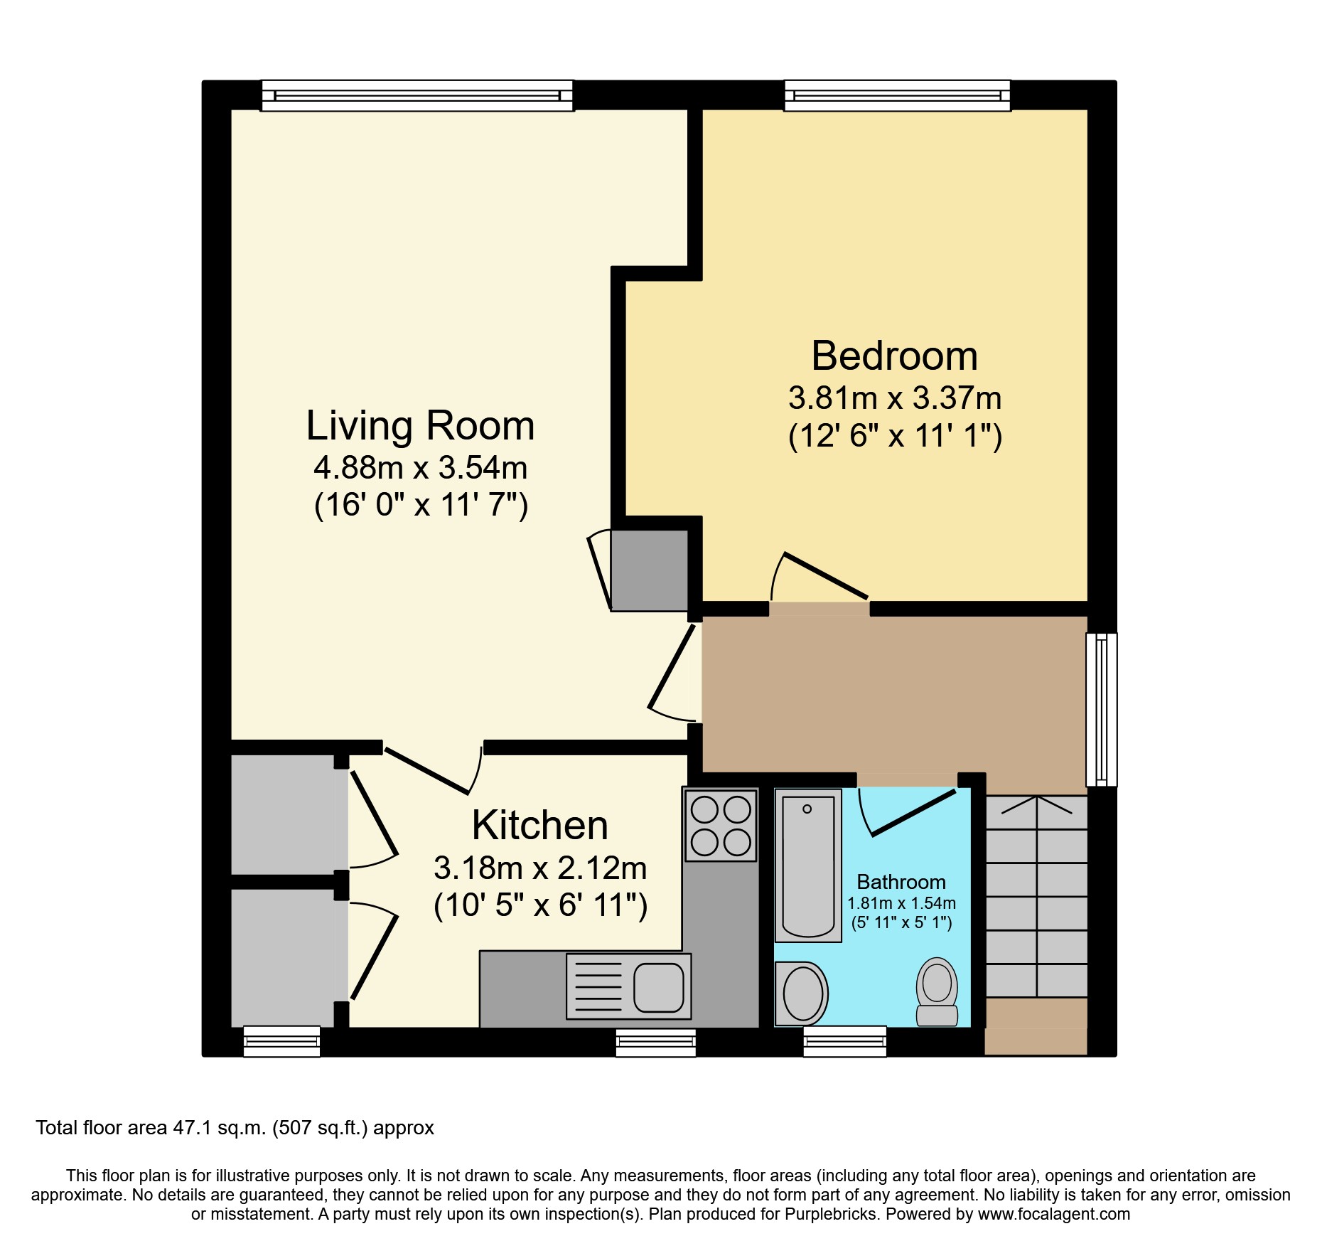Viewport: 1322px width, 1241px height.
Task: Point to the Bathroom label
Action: pyautogui.click(x=901, y=882)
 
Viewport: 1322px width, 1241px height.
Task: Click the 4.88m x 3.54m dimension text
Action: pyautogui.click(x=420, y=468)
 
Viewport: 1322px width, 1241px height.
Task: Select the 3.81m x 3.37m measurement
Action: pyautogui.click(x=894, y=398)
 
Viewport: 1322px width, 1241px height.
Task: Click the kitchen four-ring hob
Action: pyautogui.click(x=720, y=826)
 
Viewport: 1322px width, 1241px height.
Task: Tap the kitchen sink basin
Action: pyautogui.click(x=658, y=987)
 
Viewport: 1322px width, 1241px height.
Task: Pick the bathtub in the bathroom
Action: pyautogui.click(x=808, y=866)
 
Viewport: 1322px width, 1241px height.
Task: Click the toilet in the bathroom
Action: pyautogui.click(x=937, y=991)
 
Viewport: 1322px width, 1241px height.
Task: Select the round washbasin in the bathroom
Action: pyautogui.click(x=802, y=994)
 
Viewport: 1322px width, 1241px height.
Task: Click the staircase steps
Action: pyautogui.click(x=1036, y=896)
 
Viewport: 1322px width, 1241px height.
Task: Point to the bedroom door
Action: pyautogui.click(x=824, y=575)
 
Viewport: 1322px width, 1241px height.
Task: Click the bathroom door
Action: pyautogui.click(x=913, y=811)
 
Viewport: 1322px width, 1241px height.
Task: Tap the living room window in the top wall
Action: pyautogui.click(x=417, y=96)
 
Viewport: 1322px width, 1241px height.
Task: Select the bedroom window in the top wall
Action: pyautogui.click(x=897, y=96)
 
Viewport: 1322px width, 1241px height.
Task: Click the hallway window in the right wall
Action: pyautogui.click(x=1102, y=709)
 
